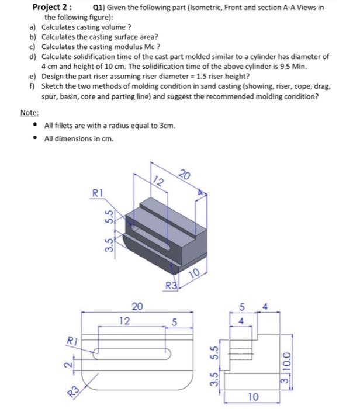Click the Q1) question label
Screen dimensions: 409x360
[x=101, y=8]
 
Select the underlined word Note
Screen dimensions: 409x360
[x=29, y=113]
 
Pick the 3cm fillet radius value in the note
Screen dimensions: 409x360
[x=167, y=127]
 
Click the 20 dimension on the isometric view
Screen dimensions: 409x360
[x=185, y=175]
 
